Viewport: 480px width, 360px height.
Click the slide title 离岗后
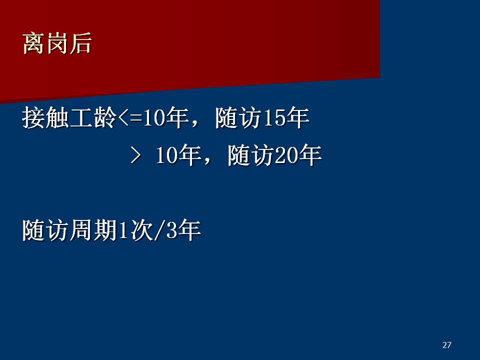57,44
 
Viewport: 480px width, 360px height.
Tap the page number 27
446,345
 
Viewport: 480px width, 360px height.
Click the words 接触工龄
69,118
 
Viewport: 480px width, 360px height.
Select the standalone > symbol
135,154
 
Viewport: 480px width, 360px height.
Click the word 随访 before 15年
239,118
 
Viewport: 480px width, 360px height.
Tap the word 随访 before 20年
251,155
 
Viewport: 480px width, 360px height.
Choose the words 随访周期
69,230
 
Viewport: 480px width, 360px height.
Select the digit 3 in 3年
171,230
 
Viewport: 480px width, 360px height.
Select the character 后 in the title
81,44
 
